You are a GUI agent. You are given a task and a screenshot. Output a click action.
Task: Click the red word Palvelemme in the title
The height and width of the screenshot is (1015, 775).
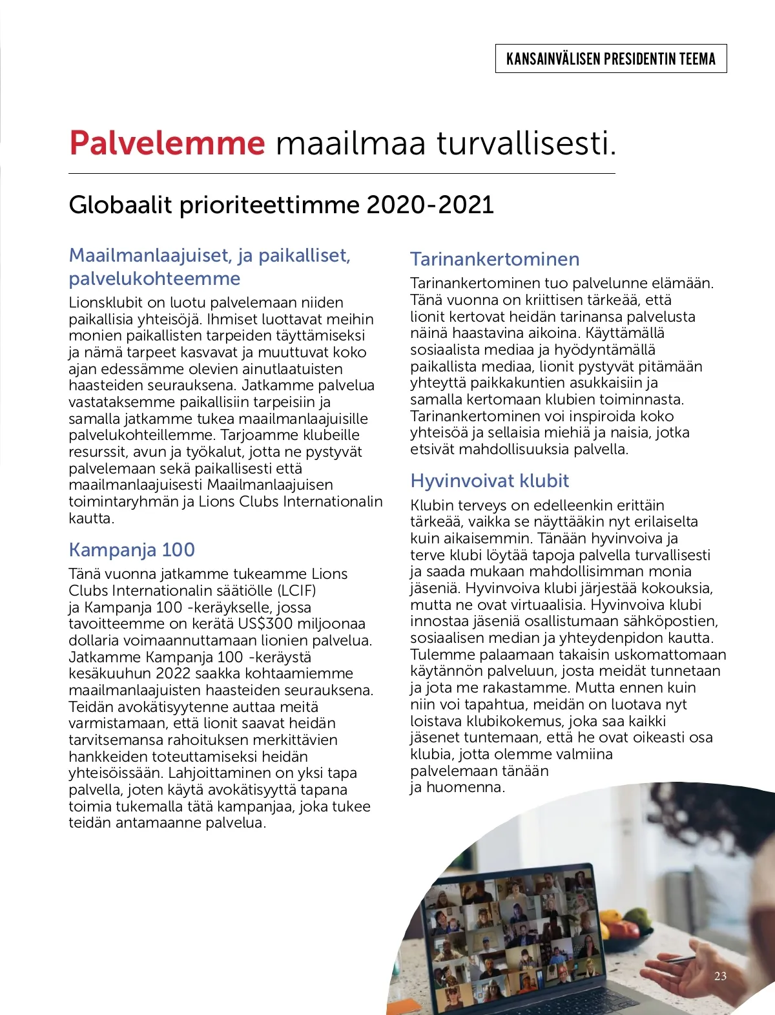(x=167, y=143)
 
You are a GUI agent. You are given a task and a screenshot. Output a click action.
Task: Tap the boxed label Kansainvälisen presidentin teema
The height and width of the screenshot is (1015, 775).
(x=611, y=59)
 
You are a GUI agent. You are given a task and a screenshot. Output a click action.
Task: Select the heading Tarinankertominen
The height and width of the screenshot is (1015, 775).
(x=495, y=259)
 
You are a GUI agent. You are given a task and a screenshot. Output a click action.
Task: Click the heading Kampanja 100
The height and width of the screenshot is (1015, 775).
(x=132, y=550)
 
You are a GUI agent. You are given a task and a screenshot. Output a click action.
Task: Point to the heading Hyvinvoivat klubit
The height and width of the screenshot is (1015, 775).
(x=490, y=481)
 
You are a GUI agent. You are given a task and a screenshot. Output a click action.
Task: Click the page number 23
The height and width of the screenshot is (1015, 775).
(x=720, y=976)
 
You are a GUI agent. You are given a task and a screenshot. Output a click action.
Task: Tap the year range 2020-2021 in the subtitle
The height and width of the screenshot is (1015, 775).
(x=429, y=205)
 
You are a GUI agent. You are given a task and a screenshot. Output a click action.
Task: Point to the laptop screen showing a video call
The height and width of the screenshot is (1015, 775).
(x=510, y=930)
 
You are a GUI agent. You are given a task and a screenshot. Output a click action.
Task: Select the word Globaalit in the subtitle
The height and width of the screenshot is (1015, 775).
(x=120, y=205)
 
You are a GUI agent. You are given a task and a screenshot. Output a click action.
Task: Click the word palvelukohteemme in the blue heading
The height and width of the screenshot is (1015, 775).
(x=154, y=278)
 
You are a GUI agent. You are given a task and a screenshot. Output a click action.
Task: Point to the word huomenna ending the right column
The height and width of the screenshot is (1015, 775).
(x=465, y=787)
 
